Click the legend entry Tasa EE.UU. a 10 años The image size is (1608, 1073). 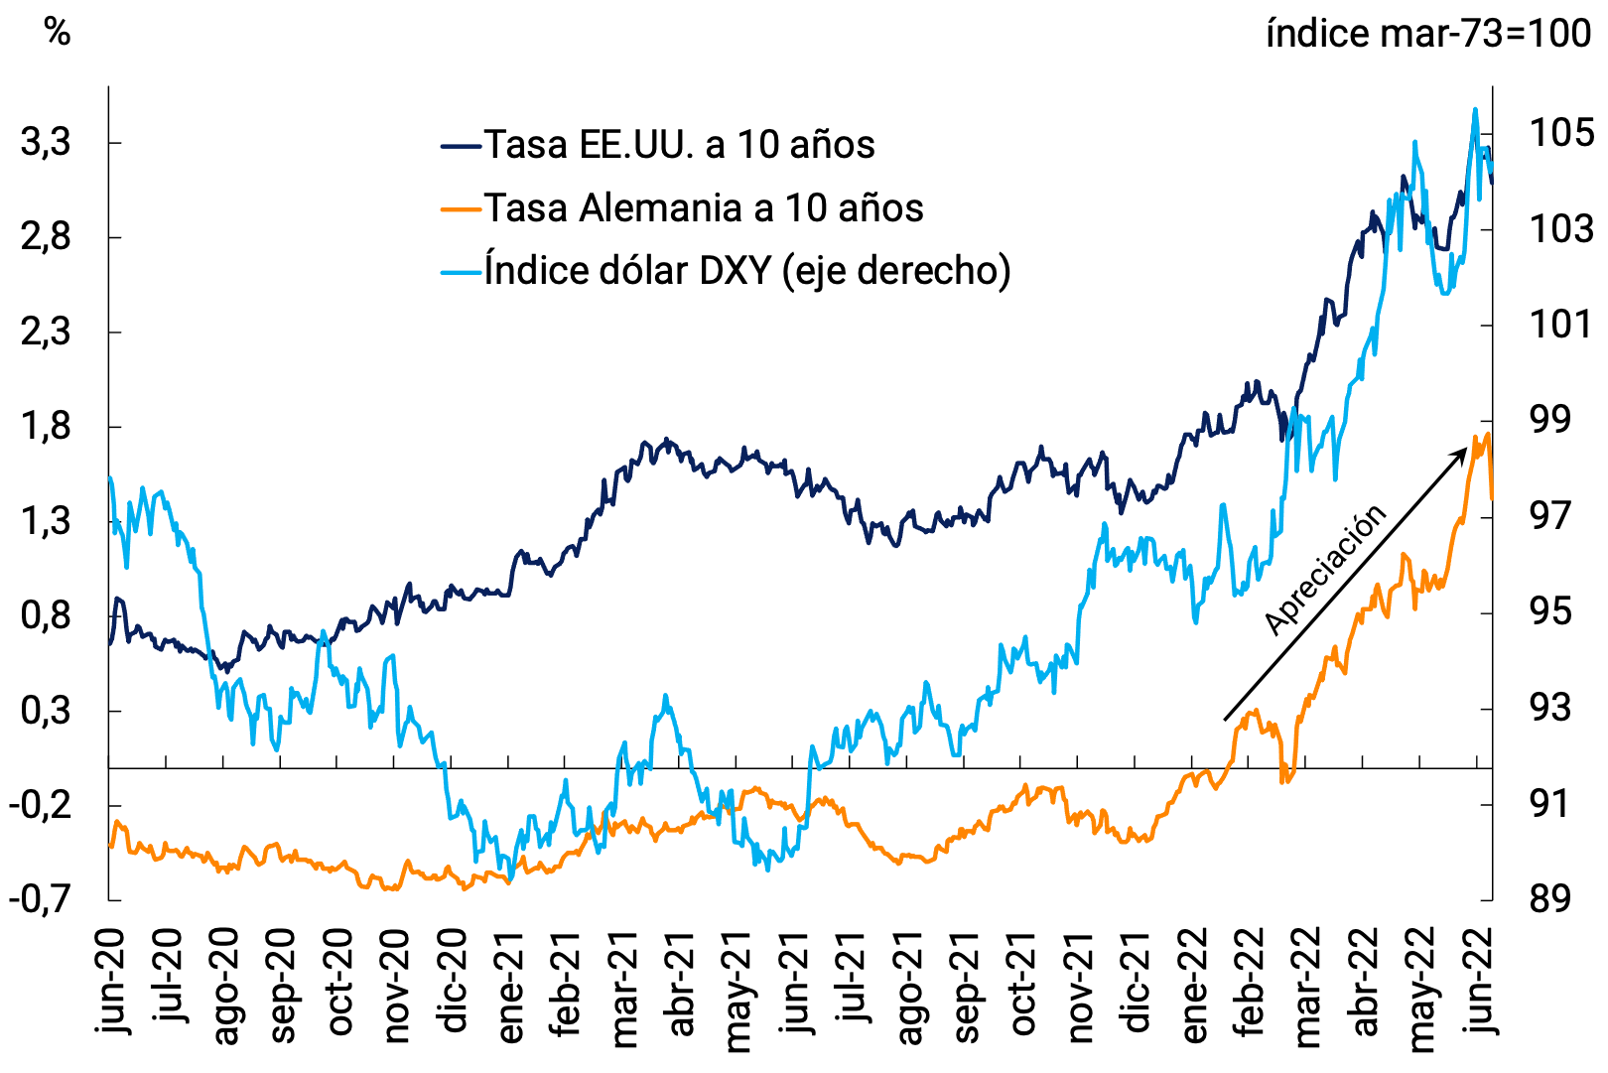pos(679,145)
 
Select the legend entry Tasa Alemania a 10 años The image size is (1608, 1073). pos(703,208)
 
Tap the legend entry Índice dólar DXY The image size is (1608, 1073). pos(746,270)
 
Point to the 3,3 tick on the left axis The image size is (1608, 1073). pos(46,143)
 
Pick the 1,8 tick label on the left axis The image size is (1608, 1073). pos(46,427)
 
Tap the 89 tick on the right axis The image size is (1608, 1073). pos(1550,899)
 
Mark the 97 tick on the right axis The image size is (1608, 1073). pos(1550,516)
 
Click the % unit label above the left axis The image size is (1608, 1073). pos(58,33)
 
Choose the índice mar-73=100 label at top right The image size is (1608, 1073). pos(1427,34)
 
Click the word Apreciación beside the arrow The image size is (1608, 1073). pos(1325,570)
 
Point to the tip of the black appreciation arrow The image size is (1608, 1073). pos(1467,449)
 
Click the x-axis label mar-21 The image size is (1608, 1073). pos(623,989)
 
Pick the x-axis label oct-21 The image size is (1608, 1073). pos(1022,985)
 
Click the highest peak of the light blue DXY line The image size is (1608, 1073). pos(1475,109)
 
